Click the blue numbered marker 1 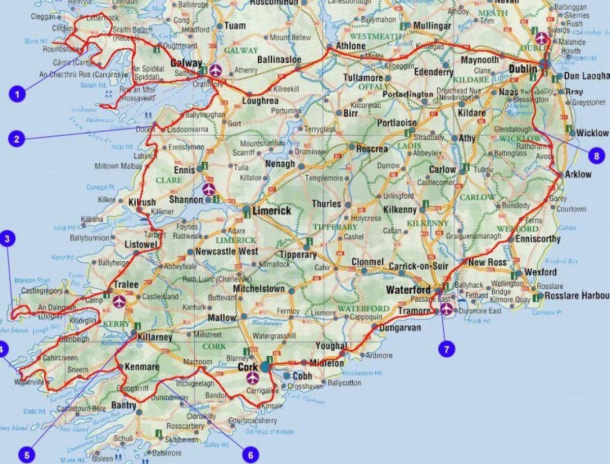tap(17, 94)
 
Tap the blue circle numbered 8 tap(596, 155)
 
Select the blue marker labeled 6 tap(250, 454)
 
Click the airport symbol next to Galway tap(216, 70)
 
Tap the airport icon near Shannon tap(208, 189)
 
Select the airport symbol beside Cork tap(253, 378)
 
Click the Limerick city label tap(274, 210)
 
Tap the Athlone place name tap(351, 46)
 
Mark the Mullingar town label tap(432, 25)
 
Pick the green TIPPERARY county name tap(335, 227)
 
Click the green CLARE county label tap(169, 180)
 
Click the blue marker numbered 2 tap(17, 139)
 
